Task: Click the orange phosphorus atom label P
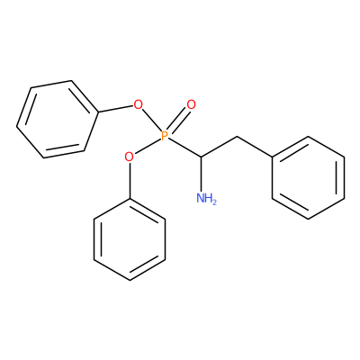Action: pyautogui.click(x=164, y=136)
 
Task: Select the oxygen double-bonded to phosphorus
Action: pyautogui.click(x=191, y=104)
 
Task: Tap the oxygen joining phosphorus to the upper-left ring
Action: pyautogui.click(x=138, y=104)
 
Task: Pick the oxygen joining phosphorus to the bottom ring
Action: pyautogui.click(x=129, y=157)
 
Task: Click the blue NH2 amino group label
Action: pyautogui.click(x=206, y=198)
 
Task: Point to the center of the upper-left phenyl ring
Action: pyautogui.click(x=58, y=119)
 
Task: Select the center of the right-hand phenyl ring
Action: pyautogui.click(x=308, y=177)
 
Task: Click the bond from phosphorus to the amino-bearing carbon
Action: pyautogui.click(x=184, y=148)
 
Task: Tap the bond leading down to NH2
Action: pyautogui.click(x=201, y=175)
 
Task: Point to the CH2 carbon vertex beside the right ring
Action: pyautogui.click(x=237, y=137)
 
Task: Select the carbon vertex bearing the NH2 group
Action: pyautogui.click(x=201, y=157)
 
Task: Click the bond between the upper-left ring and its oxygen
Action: pyautogui.click(x=115, y=109)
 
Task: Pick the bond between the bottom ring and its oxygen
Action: pyautogui.click(x=130, y=180)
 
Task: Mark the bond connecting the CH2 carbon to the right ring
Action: pyautogui.click(x=255, y=147)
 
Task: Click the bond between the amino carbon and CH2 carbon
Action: pyautogui.click(x=219, y=147)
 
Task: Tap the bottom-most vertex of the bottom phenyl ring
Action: pyautogui.click(x=130, y=280)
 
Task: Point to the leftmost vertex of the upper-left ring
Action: pyautogui.click(x=17, y=126)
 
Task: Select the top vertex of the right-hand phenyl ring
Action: pyautogui.click(x=308, y=137)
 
